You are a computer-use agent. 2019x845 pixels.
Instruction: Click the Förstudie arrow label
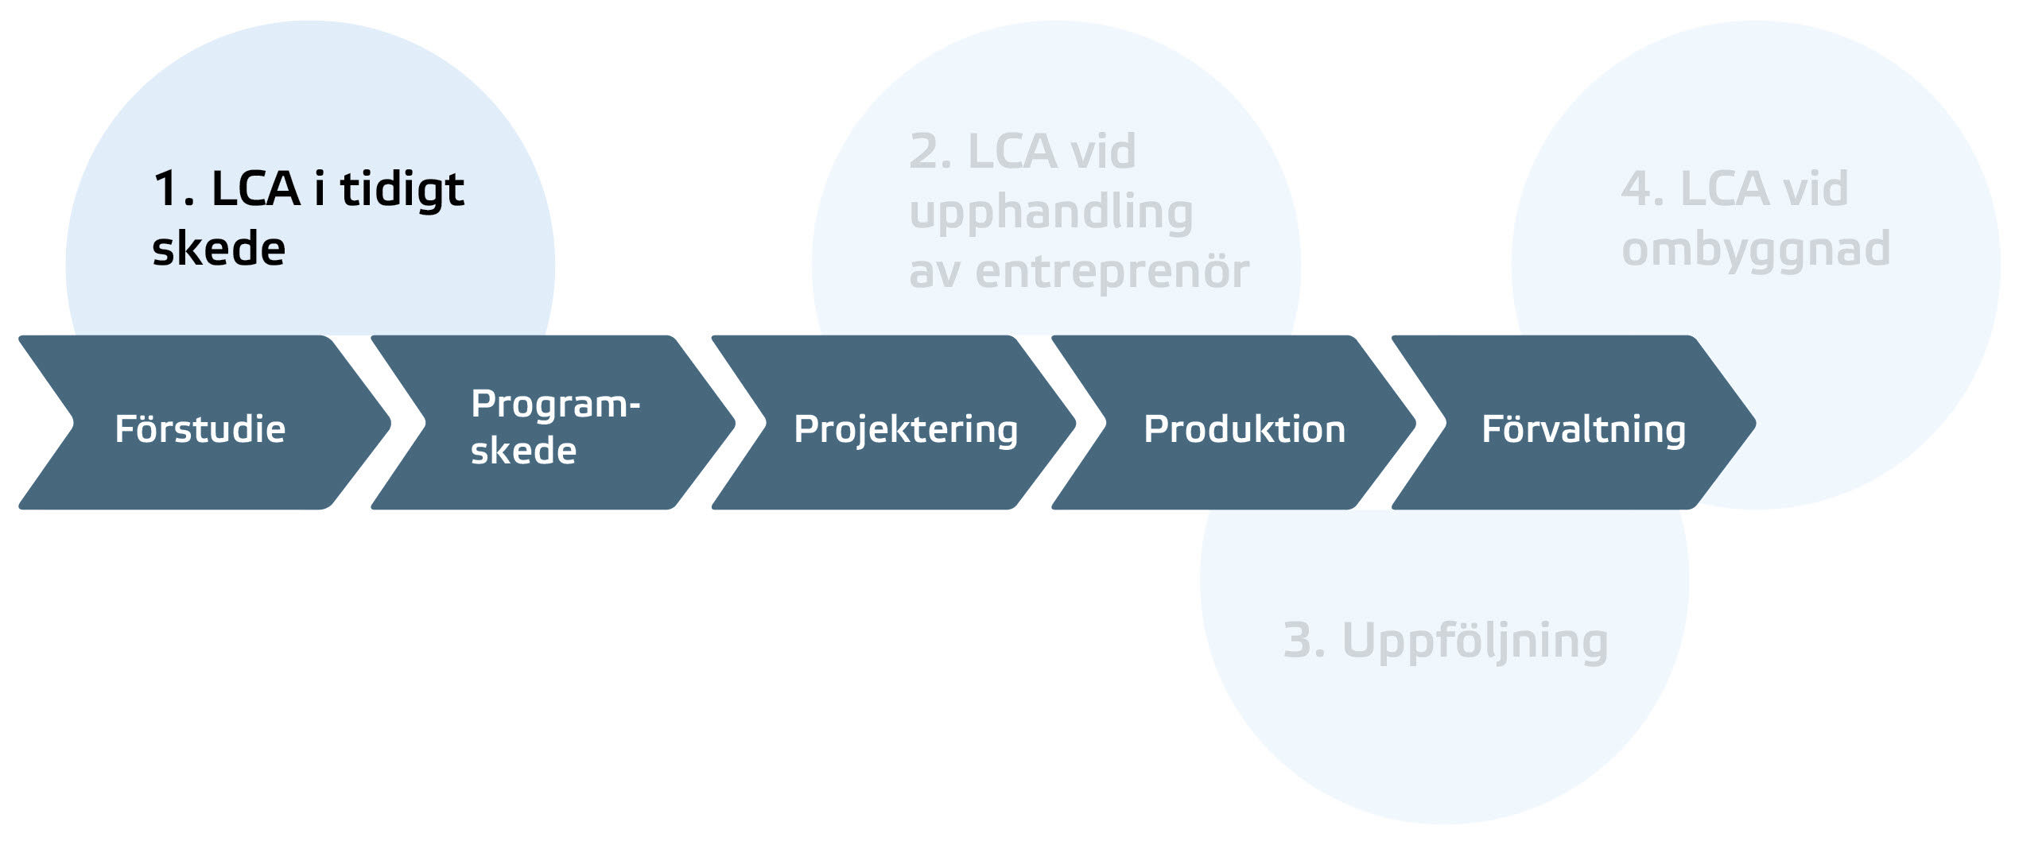200,429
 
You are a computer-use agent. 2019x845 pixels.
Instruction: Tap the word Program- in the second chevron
555,405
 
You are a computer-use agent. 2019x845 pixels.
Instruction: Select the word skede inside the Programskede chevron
523,451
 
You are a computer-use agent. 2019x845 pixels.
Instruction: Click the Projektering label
906,430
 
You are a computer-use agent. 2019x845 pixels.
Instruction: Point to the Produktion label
1244,429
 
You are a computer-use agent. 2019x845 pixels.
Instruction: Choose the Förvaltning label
1583,430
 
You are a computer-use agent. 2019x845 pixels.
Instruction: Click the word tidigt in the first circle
402,190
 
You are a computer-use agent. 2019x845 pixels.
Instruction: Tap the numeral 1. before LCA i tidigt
173,190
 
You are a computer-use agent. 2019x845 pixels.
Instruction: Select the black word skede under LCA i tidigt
219,249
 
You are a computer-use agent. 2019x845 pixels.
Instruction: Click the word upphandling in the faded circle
1050,213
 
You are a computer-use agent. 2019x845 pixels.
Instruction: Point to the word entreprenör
1112,273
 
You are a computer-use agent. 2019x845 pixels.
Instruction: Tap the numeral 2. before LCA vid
930,152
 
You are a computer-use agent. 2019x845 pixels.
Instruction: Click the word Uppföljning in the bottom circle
1475,642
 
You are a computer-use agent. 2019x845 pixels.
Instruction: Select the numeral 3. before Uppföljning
1304,641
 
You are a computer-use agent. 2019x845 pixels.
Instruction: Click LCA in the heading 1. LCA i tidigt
255,190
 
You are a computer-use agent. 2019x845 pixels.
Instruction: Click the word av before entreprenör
934,273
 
